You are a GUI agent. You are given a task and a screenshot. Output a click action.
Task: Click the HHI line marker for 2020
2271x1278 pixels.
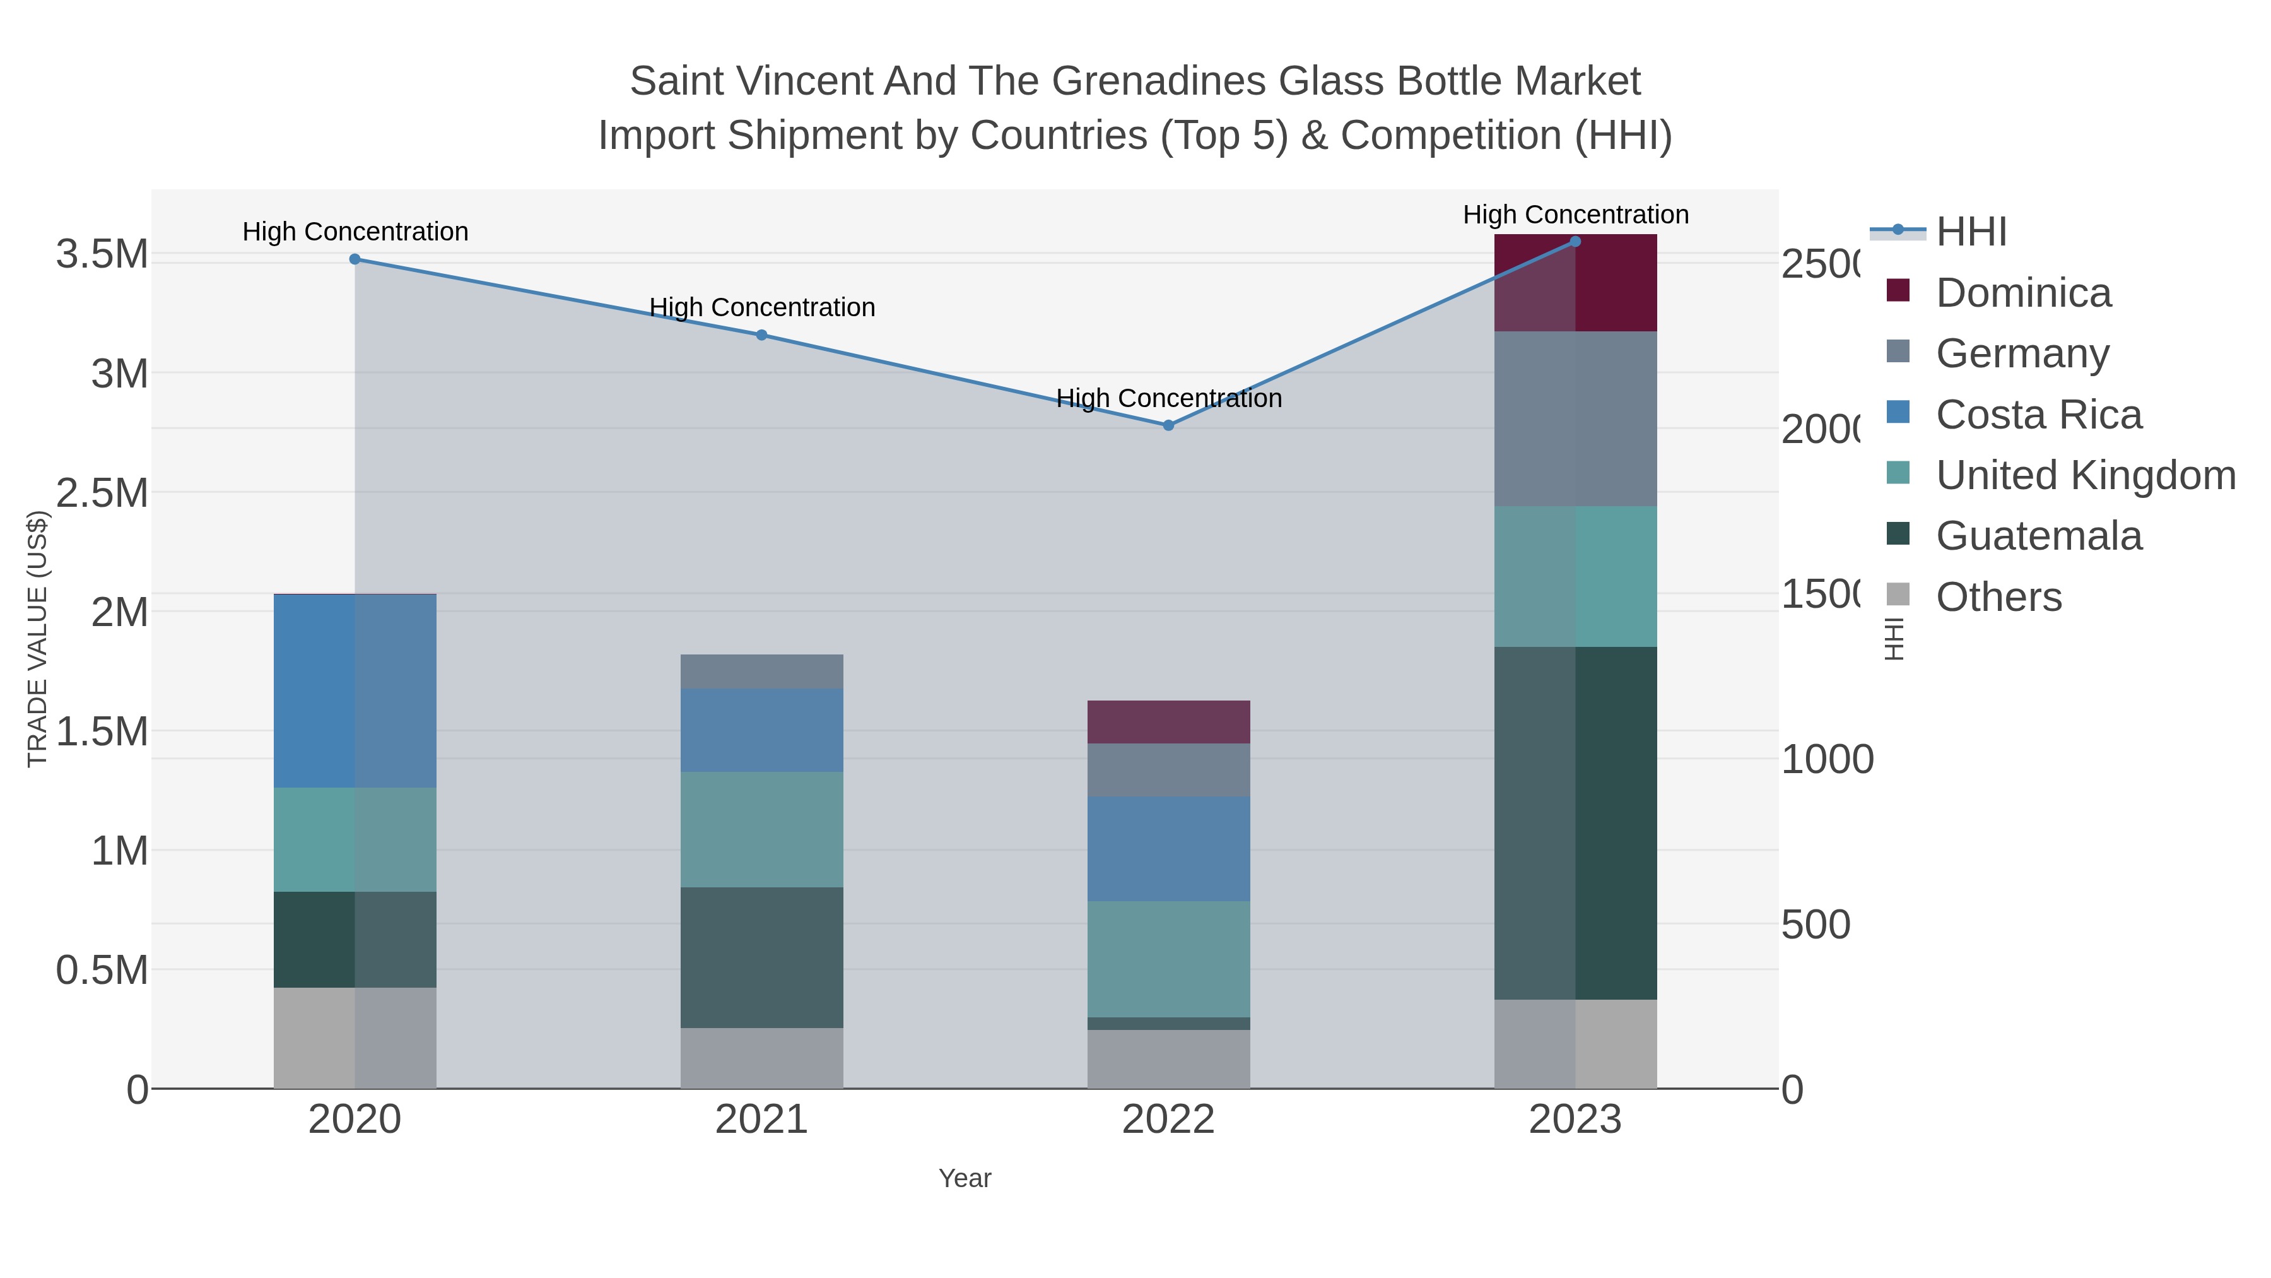coord(355,259)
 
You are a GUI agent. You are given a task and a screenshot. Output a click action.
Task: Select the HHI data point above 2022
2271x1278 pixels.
coord(1168,425)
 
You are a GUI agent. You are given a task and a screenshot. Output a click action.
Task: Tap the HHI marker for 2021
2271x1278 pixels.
coord(761,335)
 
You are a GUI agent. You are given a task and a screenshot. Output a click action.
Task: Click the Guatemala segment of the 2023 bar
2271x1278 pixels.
coord(1575,823)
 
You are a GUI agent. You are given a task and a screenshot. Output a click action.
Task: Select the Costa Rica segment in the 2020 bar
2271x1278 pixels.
coord(355,690)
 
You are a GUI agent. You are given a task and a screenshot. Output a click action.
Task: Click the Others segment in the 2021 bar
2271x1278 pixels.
coord(761,1058)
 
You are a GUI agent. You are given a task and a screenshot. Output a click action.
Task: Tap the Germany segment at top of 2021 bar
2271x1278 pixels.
coord(761,672)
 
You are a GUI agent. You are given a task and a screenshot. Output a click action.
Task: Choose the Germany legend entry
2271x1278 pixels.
coord(2022,353)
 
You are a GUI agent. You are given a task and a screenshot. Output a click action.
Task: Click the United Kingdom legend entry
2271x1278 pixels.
coord(2085,475)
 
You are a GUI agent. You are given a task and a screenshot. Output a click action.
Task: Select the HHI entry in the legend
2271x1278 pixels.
coord(1971,232)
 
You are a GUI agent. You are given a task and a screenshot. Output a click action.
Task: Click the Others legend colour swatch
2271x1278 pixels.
coord(1898,595)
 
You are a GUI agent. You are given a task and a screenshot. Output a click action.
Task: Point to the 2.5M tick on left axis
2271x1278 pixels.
coord(102,493)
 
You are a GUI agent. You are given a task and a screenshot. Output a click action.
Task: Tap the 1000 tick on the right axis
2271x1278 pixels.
coord(1827,759)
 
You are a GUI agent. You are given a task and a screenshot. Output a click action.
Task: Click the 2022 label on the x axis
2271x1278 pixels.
coord(1168,1120)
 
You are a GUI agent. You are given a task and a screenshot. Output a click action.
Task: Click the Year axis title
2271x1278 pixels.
coord(965,1178)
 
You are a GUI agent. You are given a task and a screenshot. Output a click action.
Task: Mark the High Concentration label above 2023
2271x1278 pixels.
coord(1575,215)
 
